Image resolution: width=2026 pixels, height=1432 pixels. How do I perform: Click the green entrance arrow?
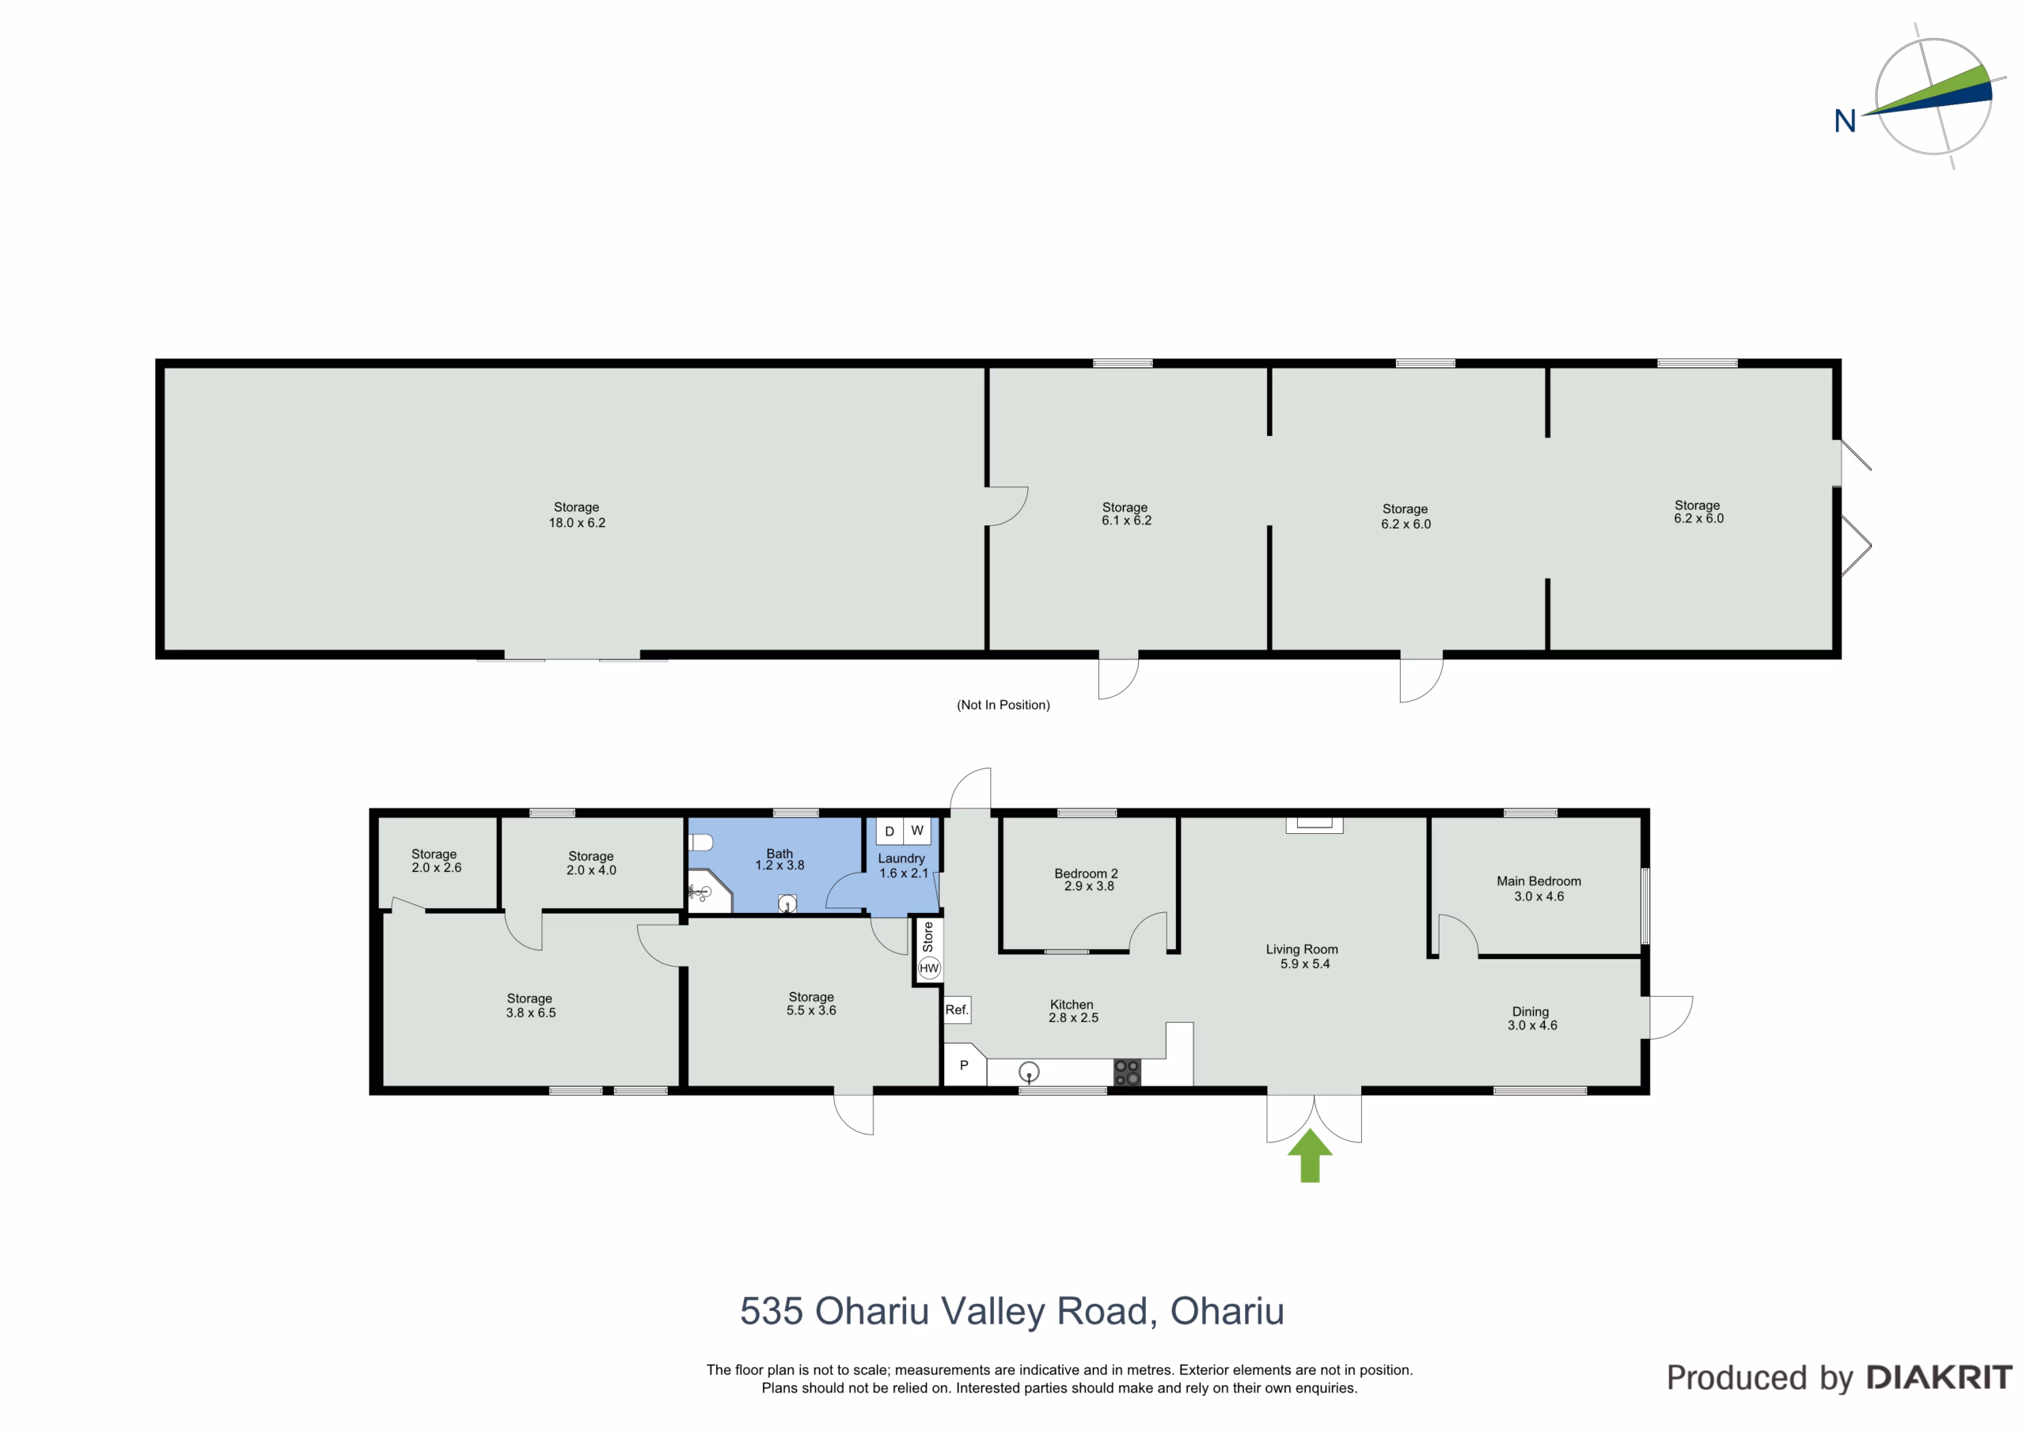click(1310, 1157)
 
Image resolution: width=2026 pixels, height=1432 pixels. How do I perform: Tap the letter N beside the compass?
click(1845, 121)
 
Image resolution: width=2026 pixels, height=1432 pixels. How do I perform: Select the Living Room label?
click(1302, 949)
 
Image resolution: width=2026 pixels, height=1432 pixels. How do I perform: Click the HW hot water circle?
click(929, 968)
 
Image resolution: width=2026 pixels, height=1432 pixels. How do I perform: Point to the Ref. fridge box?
click(958, 1010)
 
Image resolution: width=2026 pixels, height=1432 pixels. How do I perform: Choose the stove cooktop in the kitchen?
click(1127, 1072)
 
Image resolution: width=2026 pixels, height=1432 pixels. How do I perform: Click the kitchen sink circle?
click(1029, 1072)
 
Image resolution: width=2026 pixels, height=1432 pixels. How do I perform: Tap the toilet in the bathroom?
click(700, 842)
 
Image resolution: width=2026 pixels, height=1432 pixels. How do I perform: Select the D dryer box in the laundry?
click(890, 832)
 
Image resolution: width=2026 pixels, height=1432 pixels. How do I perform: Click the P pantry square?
click(965, 1065)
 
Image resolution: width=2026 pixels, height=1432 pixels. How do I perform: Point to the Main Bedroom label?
click(1539, 881)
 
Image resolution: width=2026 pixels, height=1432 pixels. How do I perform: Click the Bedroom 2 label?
click(1087, 873)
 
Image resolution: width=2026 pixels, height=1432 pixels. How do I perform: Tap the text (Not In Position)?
click(1004, 705)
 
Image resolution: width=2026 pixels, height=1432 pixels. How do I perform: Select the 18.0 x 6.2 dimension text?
click(577, 522)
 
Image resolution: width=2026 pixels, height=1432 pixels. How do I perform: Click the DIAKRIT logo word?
click(1939, 1377)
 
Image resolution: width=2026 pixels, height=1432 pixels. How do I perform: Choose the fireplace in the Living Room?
click(1315, 825)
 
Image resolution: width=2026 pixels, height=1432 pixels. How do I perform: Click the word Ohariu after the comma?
click(1227, 1311)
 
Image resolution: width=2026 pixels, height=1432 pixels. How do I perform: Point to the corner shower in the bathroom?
click(709, 891)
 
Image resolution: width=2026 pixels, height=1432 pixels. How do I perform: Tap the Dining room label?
click(1530, 1011)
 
